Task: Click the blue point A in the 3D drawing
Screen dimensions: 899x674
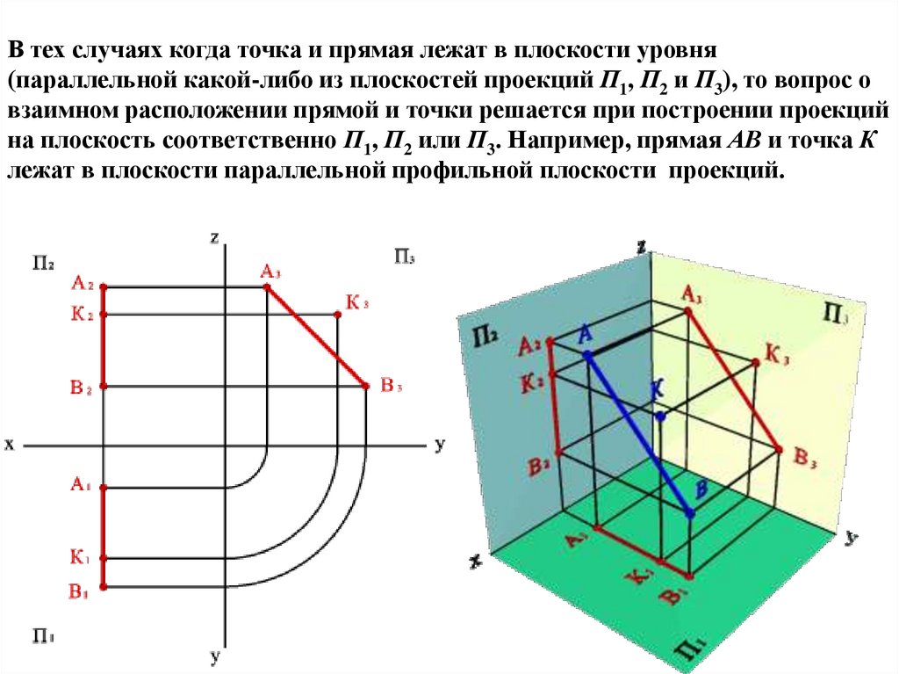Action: [588, 354]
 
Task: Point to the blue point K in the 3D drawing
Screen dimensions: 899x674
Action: [659, 417]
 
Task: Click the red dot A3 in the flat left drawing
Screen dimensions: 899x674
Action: [268, 287]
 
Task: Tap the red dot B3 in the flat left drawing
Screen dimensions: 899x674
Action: [365, 386]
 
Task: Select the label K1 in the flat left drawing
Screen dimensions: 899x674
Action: [81, 556]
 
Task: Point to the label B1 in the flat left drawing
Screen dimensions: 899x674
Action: [81, 591]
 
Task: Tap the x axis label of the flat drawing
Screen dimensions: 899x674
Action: [10, 445]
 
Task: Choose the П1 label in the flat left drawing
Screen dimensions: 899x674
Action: [45, 634]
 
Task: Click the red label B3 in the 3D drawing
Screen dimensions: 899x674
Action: [806, 455]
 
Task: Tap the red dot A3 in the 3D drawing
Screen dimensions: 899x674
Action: [687, 310]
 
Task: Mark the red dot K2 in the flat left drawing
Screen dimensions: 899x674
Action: [103, 315]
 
